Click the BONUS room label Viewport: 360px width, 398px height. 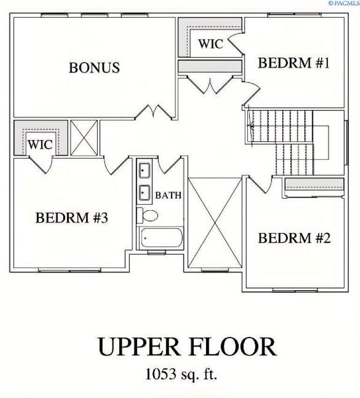coord(94,67)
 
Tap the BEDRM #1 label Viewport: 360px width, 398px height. coord(294,63)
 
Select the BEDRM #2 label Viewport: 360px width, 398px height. coord(294,238)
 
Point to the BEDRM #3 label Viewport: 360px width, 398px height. coord(72,218)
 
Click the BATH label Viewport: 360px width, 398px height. coord(168,195)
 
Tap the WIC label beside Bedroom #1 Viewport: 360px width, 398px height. coord(210,44)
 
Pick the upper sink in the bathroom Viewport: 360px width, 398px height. coord(144,170)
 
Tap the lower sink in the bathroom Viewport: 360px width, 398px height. coord(144,192)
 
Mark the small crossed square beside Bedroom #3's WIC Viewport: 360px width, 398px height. coord(84,138)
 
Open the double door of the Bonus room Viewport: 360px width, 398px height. coord(154,112)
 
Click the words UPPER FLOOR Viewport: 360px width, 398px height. coord(186,347)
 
